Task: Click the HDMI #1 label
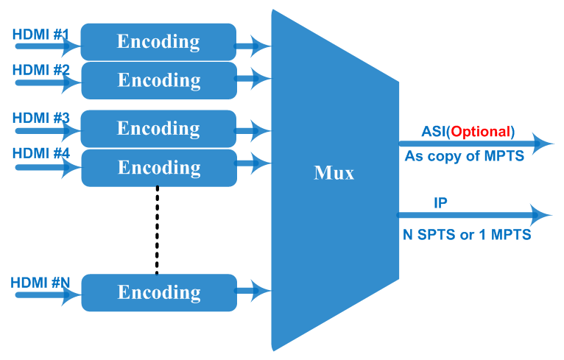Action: pyautogui.click(x=40, y=35)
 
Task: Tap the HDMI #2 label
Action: pyautogui.click(x=40, y=70)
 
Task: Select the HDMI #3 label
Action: pyautogui.click(x=40, y=118)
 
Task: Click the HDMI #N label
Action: pyautogui.click(x=40, y=282)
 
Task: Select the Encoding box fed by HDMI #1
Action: pyautogui.click(x=158, y=42)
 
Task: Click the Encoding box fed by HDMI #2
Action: pyautogui.click(x=158, y=80)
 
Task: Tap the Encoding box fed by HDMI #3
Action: pyautogui.click(x=158, y=129)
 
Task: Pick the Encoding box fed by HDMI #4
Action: pyautogui.click(x=158, y=167)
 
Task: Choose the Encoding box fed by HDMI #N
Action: pyautogui.click(x=158, y=292)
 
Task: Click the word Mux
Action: pyautogui.click(x=334, y=173)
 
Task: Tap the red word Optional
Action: pyautogui.click(x=480, y=132)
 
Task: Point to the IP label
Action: pyautogui.click(x=440, y=202)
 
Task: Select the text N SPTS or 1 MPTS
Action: pyautogui.click(x=466, y=236)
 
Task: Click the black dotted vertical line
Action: pyautogui.click(x=157, y=230)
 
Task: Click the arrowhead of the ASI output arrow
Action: pyautogui.click(x=545, y=143)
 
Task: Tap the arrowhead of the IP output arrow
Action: pyautogui.click(x=543, y=215)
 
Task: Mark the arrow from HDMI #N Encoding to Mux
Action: pyautogui.click(x=253, y=290)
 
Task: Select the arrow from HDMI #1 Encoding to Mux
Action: pyautogui.click(x=253, y=46)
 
